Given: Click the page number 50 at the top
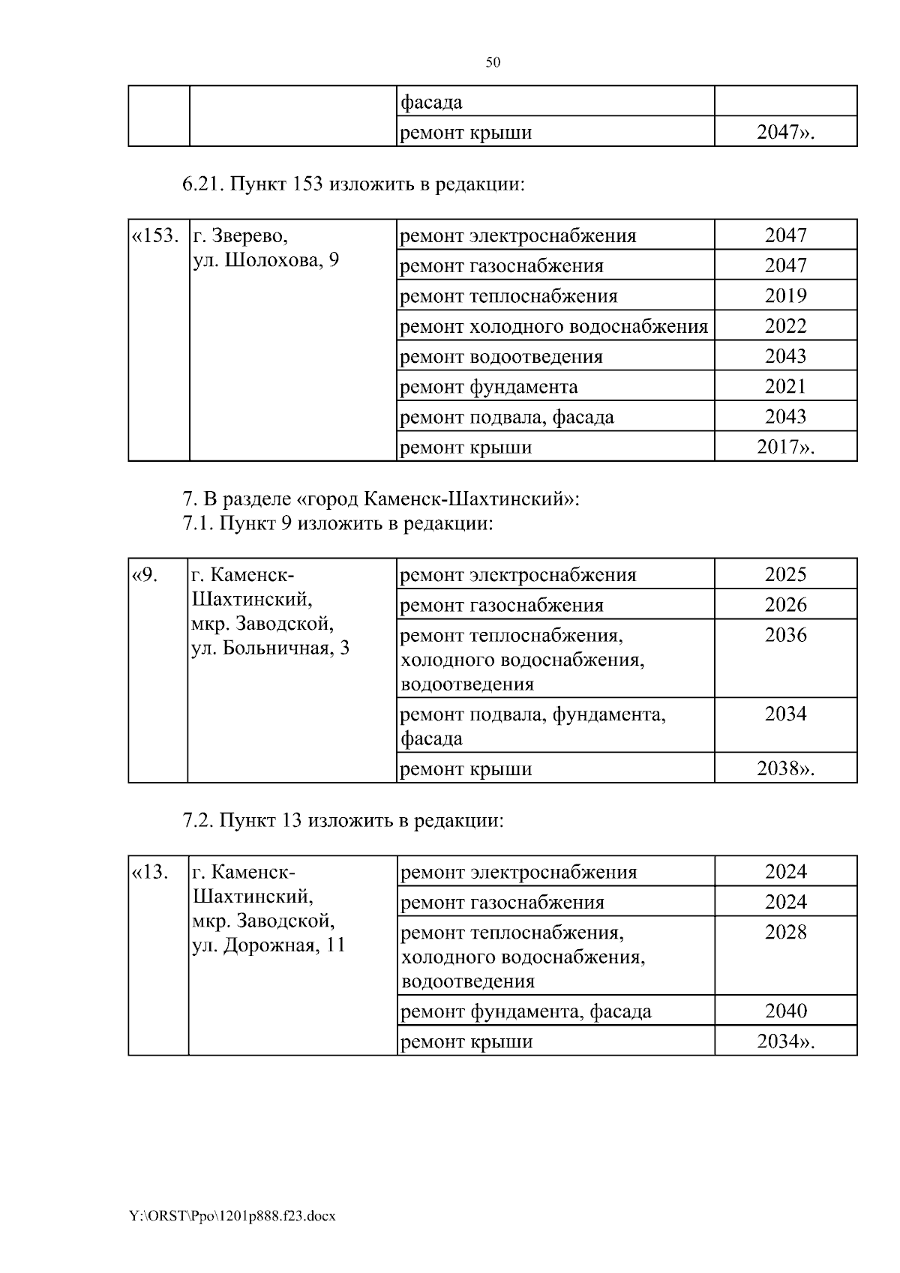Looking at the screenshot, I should click(x=493, y=63).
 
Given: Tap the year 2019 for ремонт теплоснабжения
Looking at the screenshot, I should click(x=785, y=295).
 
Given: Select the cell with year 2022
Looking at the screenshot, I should click(x=785, y=326).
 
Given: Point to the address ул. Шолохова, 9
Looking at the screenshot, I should click(x=266, y=261).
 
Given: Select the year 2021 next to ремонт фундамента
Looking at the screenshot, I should click(x=785, y=387).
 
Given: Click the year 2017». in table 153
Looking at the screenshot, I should click(x=785, y=448).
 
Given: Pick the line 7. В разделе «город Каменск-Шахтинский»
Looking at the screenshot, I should click(x=381, y=499).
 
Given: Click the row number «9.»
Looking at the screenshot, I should click(x=145, y=575).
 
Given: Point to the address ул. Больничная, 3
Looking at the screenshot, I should click(x=270, y=648).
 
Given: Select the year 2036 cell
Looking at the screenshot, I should click(x=785, y=635).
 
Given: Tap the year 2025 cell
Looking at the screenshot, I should click(x=785, y=575).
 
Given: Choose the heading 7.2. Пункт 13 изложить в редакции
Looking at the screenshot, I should click(x=343, y=820).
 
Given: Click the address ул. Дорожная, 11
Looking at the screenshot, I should click(x=268, y=945).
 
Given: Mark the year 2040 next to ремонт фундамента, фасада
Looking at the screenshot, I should click(x=785, y=1011).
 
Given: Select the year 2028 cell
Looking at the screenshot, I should click(x=785, y=932).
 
